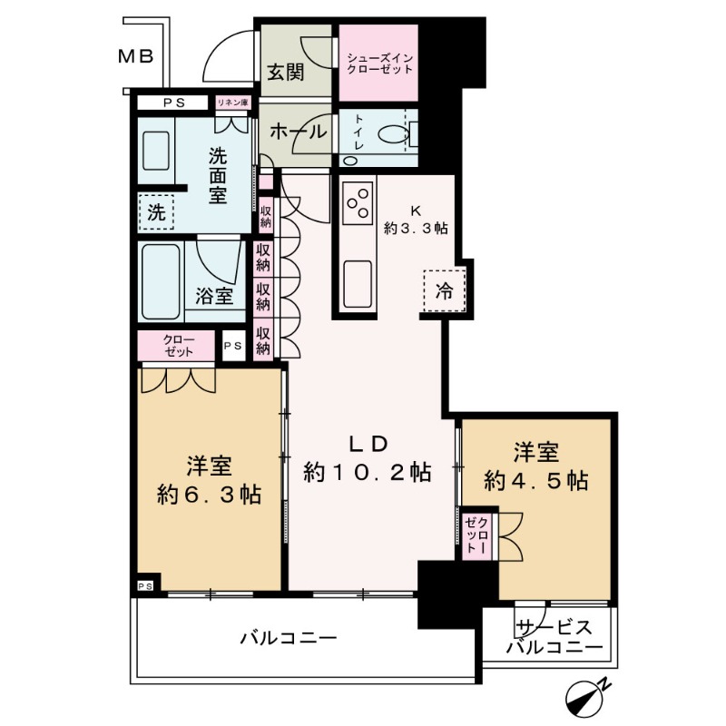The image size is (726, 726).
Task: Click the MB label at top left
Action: point(136,56)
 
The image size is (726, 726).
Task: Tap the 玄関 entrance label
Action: point(284,73)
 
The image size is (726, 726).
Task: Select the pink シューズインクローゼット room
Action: point(378,64)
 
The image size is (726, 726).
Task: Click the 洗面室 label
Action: point(218,175)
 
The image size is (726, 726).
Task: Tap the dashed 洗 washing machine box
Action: point(157,213)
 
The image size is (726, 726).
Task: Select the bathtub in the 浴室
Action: point(161,279)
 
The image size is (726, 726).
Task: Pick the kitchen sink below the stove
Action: point(357,277)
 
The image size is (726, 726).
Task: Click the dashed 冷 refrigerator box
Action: point(444,290)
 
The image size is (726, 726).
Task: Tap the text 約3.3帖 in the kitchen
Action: point(415,230)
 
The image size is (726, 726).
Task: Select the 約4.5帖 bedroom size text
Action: point(536,480)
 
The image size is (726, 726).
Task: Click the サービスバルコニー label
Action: point(554,639)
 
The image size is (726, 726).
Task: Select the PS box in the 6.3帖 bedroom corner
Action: point(145,586)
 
